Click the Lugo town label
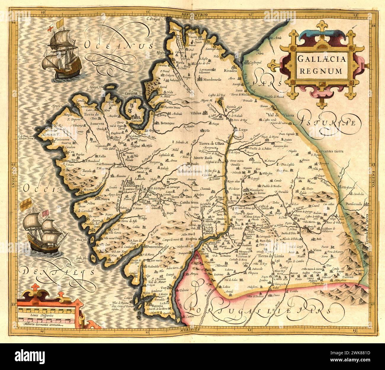click(240, 129)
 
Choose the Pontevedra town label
click(156, 247)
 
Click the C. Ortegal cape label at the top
click(153, 19)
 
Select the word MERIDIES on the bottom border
click(189, 329)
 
